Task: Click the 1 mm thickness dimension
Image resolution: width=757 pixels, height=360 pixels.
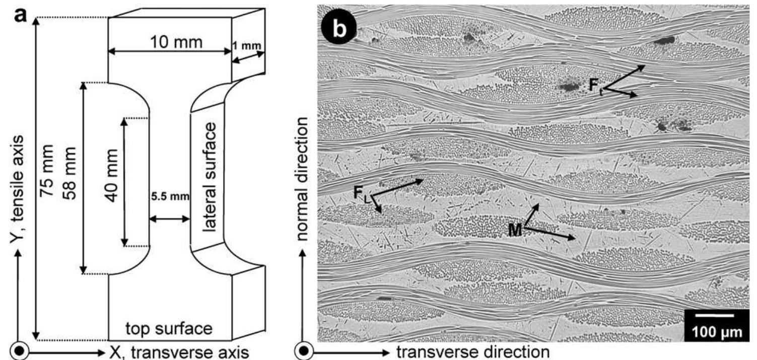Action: tap(247, 46)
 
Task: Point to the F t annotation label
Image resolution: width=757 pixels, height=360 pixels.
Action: tap(596, 85)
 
